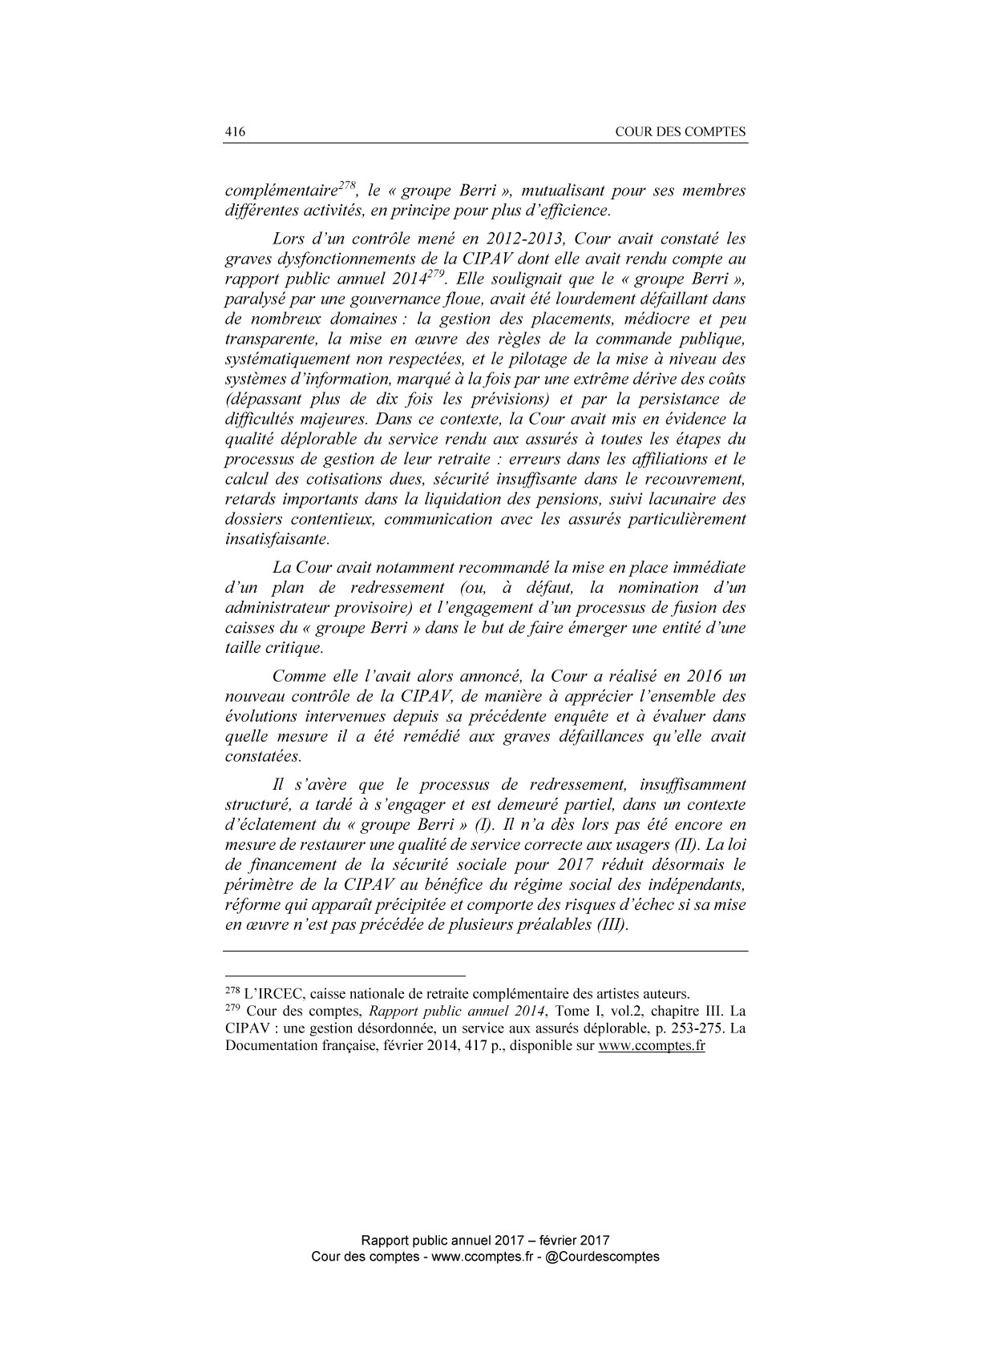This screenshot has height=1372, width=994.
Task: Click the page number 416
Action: (233, 132)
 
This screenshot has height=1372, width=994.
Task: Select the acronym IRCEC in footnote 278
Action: (270, 995)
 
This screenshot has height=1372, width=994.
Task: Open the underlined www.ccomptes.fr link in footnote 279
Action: (652, 1046)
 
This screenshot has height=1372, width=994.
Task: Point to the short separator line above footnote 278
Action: (345, 976)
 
